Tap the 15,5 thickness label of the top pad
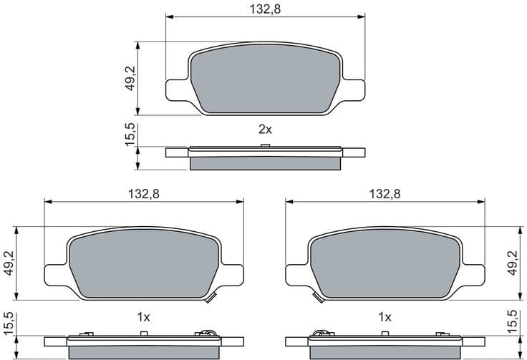tap(130, 135)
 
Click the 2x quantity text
tap(265, 130)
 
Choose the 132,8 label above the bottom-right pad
tap(385, 193)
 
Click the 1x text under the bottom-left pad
tap(143, 316)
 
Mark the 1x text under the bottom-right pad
tap(385, 316)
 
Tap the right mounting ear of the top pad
tap(353, 88)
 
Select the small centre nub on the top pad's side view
tap(265, 146)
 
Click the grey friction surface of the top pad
tap(265, 79)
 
